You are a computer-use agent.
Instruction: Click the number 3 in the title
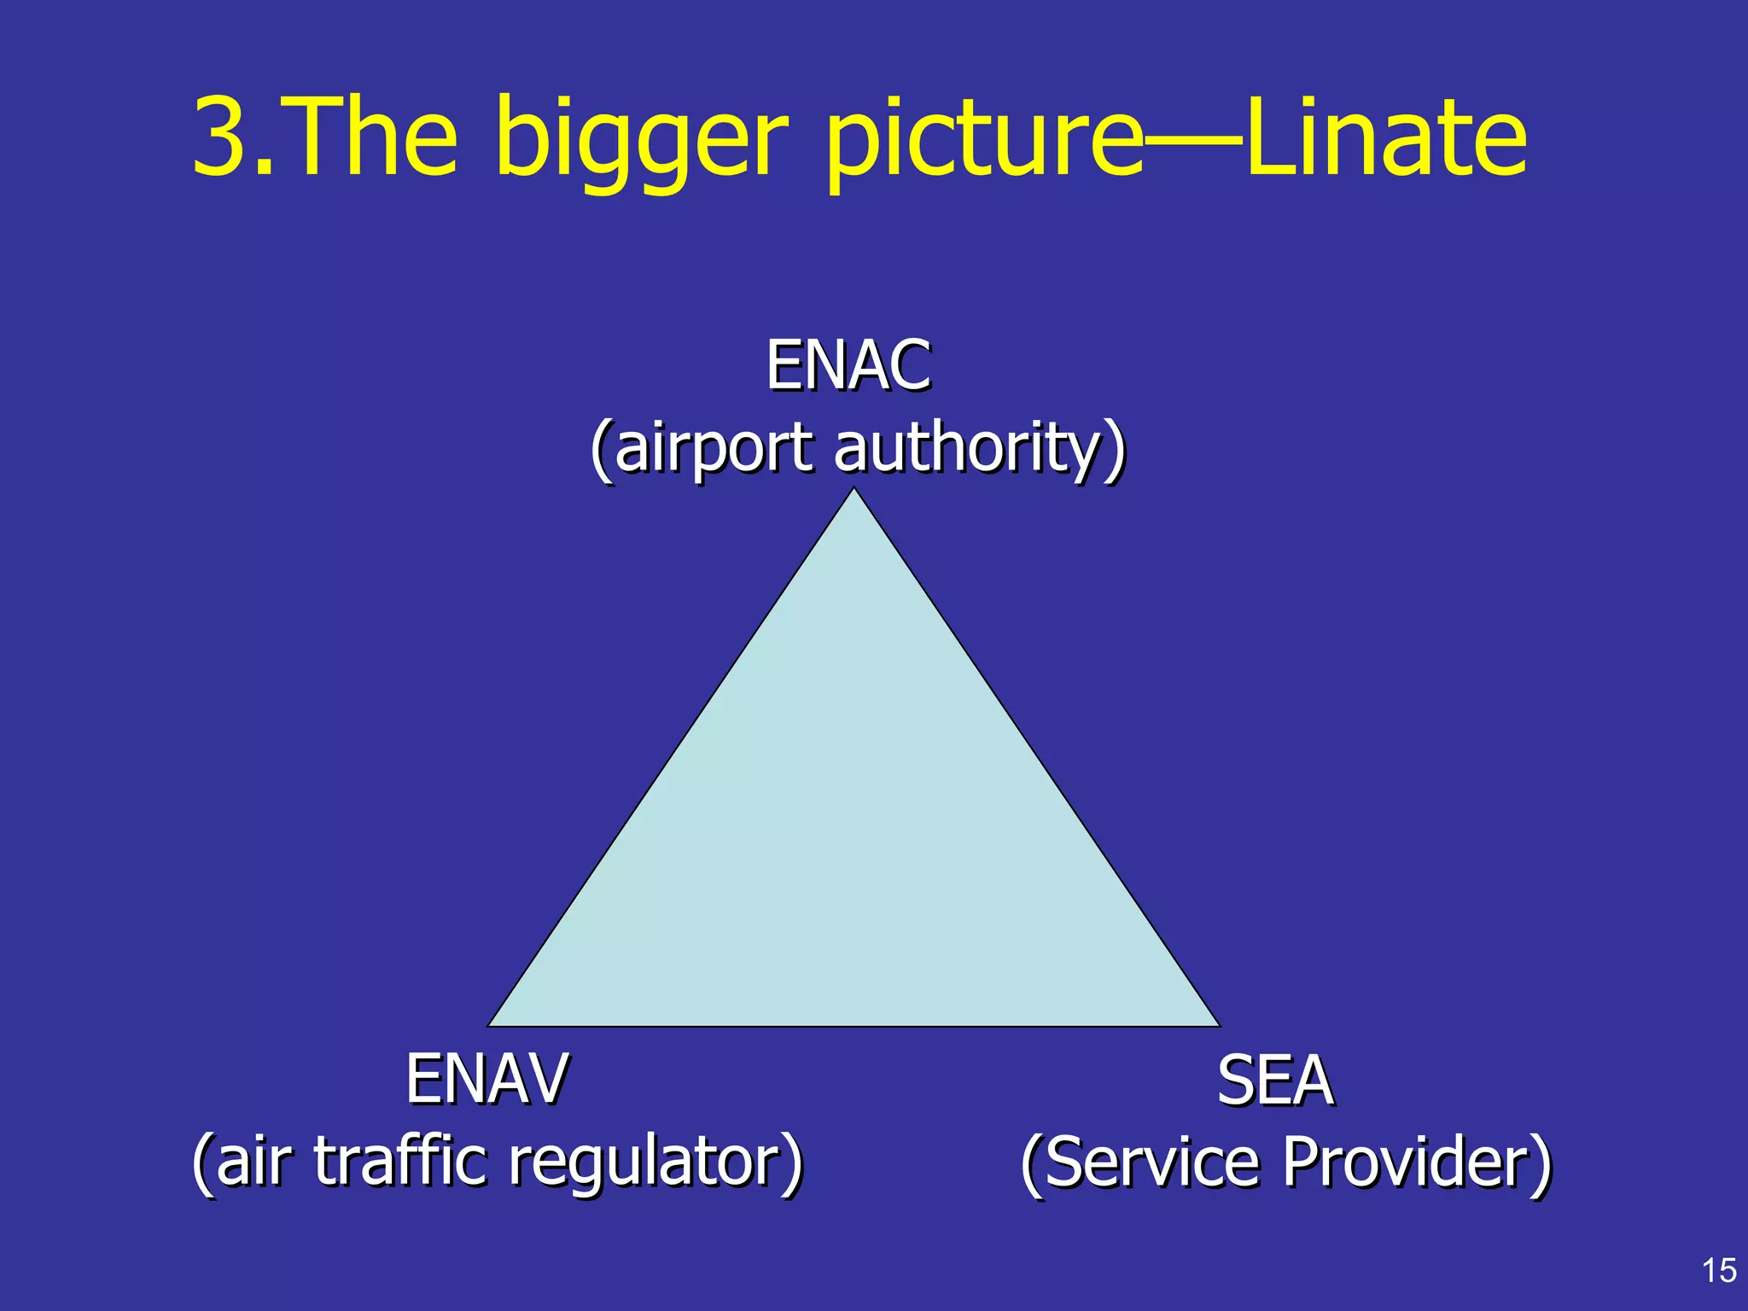coord(224,137)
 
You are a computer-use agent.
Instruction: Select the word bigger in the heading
coord(640,141)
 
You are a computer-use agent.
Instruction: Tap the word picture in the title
coord(982,141)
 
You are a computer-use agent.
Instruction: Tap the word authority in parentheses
coord(969,447)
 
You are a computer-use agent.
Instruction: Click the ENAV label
coord(487,1079)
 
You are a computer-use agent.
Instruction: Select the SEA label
coord(1274,1081)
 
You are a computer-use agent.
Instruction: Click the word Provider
coord(1408,1162)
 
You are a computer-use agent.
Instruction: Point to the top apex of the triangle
coord(854,491)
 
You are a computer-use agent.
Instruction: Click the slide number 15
coord(1719,1271)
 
